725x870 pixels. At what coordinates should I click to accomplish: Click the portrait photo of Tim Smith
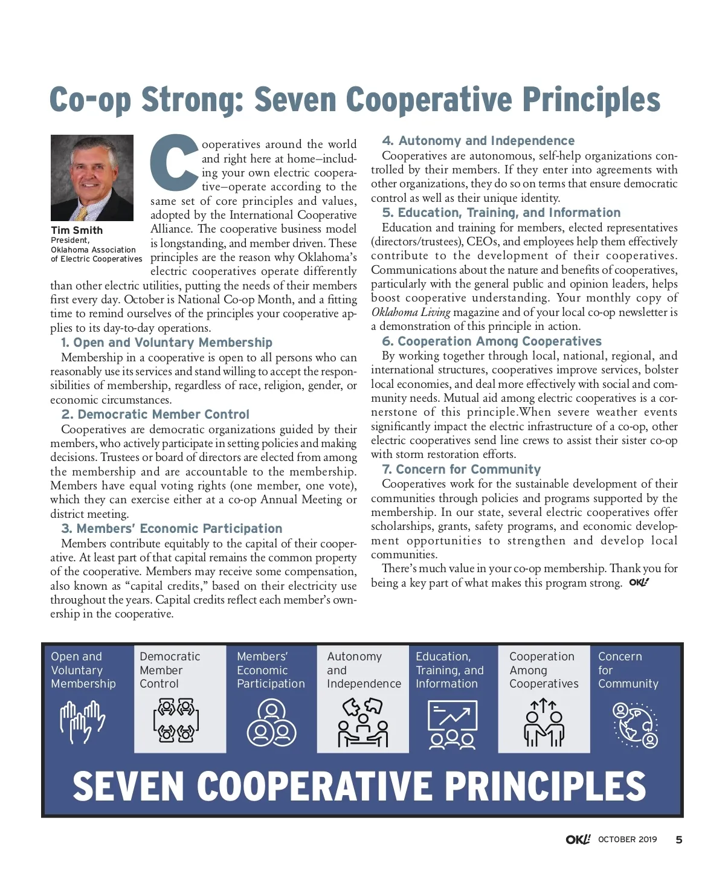click(x=92, y=178)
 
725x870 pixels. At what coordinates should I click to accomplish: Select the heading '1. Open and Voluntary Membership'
click(x=167, y=343)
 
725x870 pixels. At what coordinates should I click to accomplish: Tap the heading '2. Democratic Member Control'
click(x=155, y=414)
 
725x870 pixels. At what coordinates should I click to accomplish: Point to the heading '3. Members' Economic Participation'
click(x=172, y=529)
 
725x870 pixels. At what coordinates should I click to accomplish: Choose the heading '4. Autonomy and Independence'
click(x=478, y=141)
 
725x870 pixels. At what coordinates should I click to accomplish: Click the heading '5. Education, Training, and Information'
click(x=501, y=213)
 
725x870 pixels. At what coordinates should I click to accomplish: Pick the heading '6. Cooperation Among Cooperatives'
click(x=492, y=341)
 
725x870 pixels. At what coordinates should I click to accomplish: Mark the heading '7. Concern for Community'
click(x=462, y=469)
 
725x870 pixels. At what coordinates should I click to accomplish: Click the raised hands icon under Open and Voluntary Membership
click(x=82, y=722)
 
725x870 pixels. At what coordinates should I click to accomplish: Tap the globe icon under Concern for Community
click(x=635, y=724)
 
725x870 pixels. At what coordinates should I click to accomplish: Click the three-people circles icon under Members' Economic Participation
click(x=271, y=723)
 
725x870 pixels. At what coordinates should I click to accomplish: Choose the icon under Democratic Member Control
click(x=176, y=720)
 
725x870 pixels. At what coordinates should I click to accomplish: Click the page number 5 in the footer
click(x=679, y=840)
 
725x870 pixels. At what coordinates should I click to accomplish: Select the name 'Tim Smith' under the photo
click(x=77, y=230)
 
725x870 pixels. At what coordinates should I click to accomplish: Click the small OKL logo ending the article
click(x=639, y=583)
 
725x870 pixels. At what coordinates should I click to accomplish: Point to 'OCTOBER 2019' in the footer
click(x=627, y=840)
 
